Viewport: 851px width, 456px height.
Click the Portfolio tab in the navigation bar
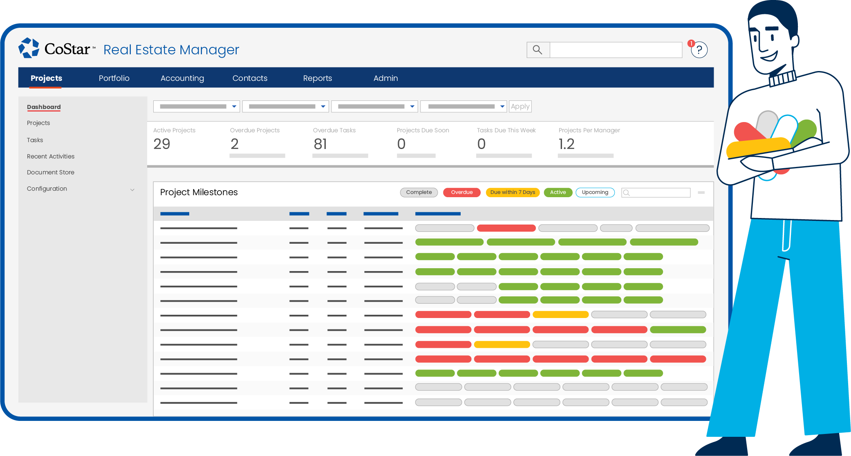114,78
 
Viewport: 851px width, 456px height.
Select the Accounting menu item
182,78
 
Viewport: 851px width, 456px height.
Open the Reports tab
317,78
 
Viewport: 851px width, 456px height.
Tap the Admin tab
385,78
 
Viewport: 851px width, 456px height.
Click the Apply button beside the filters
520,107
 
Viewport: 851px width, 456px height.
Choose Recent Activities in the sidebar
51,156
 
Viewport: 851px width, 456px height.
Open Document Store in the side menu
51,172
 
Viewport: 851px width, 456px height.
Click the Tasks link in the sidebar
35,140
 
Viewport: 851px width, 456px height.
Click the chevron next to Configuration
132,189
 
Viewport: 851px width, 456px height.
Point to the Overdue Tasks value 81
320,144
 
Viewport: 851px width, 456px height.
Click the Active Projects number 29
162,144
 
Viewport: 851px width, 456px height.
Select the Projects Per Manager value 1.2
567,144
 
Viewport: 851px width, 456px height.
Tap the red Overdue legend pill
461,192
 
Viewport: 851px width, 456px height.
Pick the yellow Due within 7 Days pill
513,192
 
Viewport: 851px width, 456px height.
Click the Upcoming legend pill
595,192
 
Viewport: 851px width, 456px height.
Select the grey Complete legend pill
419,192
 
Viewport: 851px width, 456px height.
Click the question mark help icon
699,50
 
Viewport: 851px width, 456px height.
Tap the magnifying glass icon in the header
537,50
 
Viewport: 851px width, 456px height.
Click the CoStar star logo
29,48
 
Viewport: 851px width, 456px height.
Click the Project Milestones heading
199,192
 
